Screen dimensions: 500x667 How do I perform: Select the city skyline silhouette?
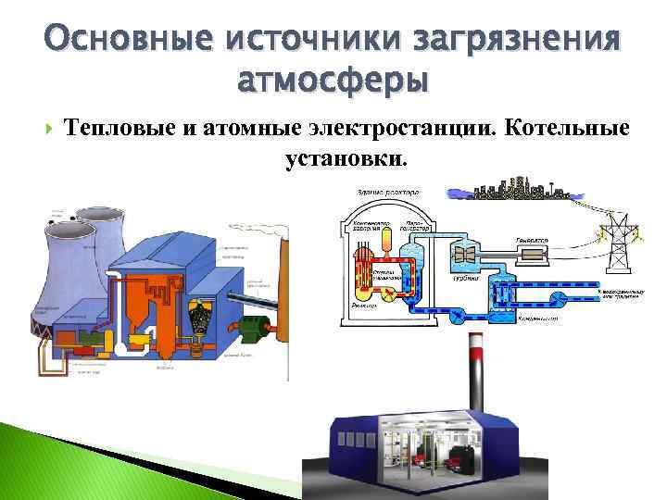click(519, 192)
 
